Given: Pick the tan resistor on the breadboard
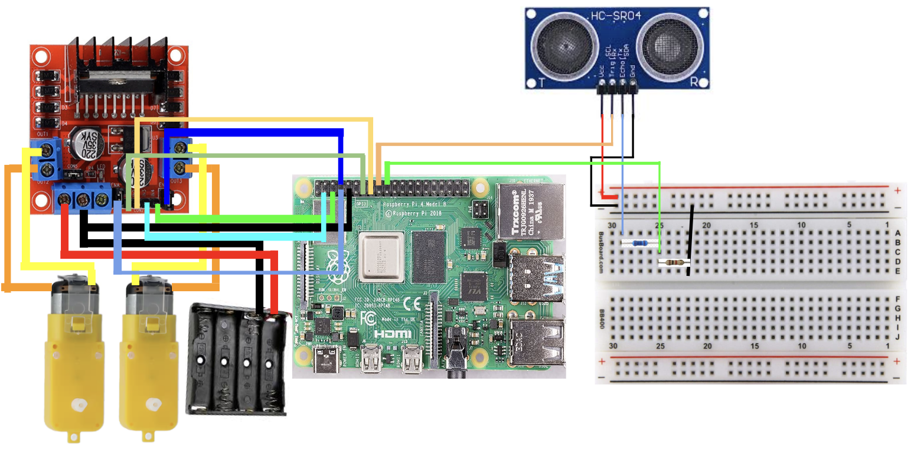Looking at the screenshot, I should [673, 263].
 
